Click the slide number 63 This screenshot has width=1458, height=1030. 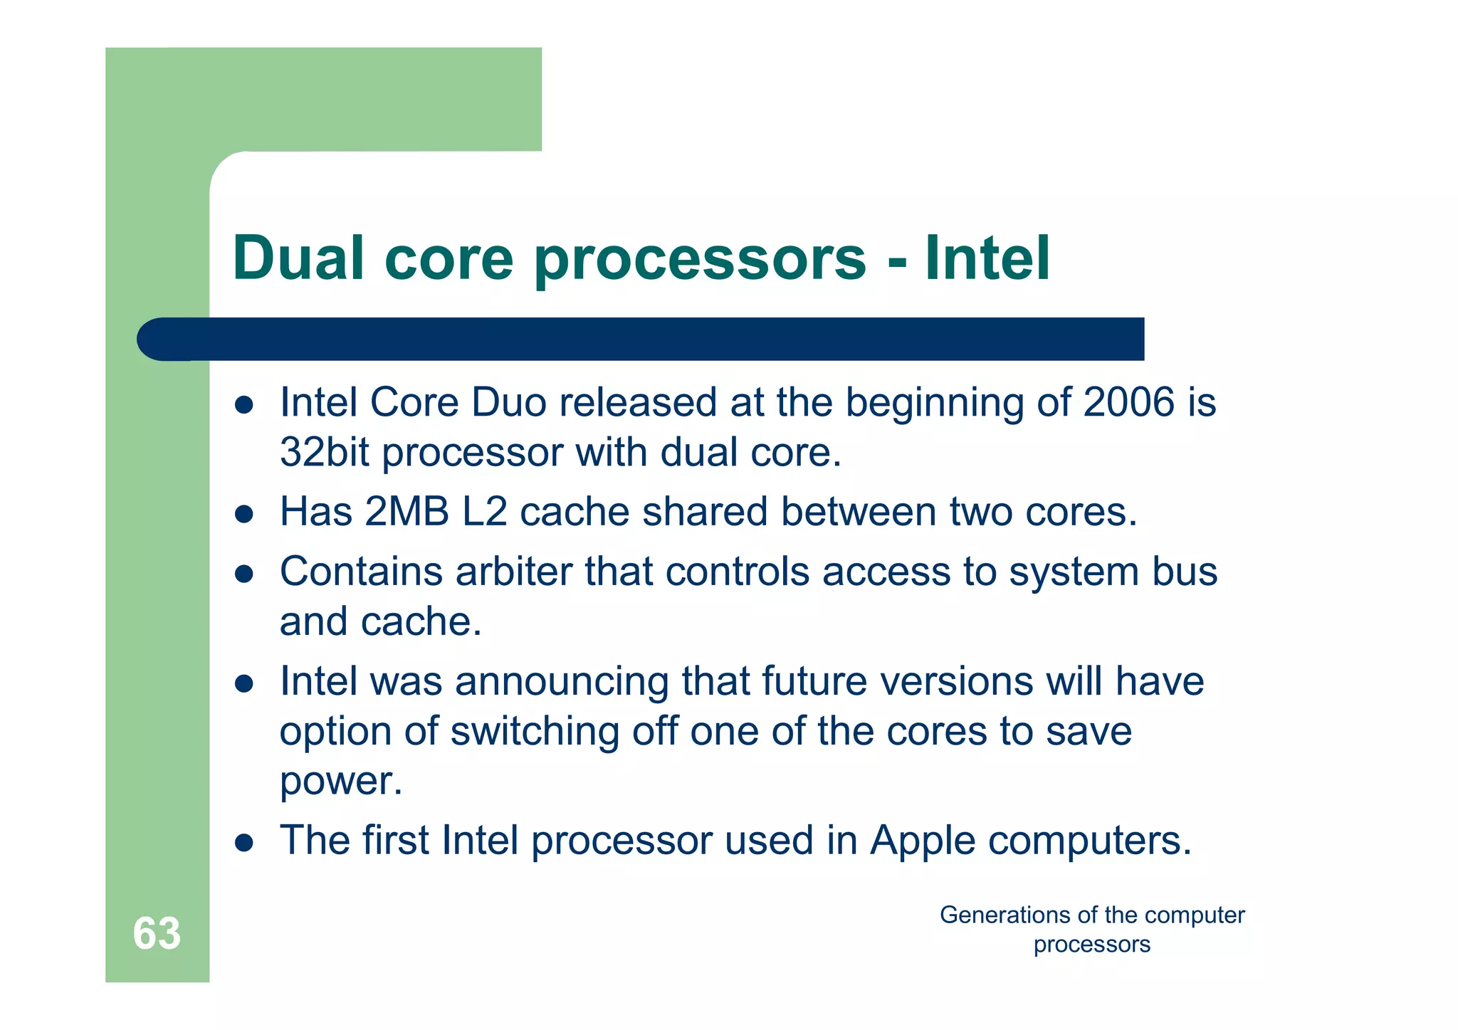point(157,933)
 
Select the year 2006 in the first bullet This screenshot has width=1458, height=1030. point(1128,402)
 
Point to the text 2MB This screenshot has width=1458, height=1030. point(407,512)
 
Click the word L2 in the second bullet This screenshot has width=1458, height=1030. point(484,512)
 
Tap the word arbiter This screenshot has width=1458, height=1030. point(513,572)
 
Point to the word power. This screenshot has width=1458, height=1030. point(340,782)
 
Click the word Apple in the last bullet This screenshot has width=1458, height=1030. point(923,841)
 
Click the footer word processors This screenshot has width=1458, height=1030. point(1091,945)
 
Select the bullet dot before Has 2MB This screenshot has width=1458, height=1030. point(244,514)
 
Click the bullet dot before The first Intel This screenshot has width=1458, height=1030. point(244,843)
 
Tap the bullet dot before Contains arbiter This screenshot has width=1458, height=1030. point(244,574)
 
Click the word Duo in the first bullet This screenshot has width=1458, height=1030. point(508,402)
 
